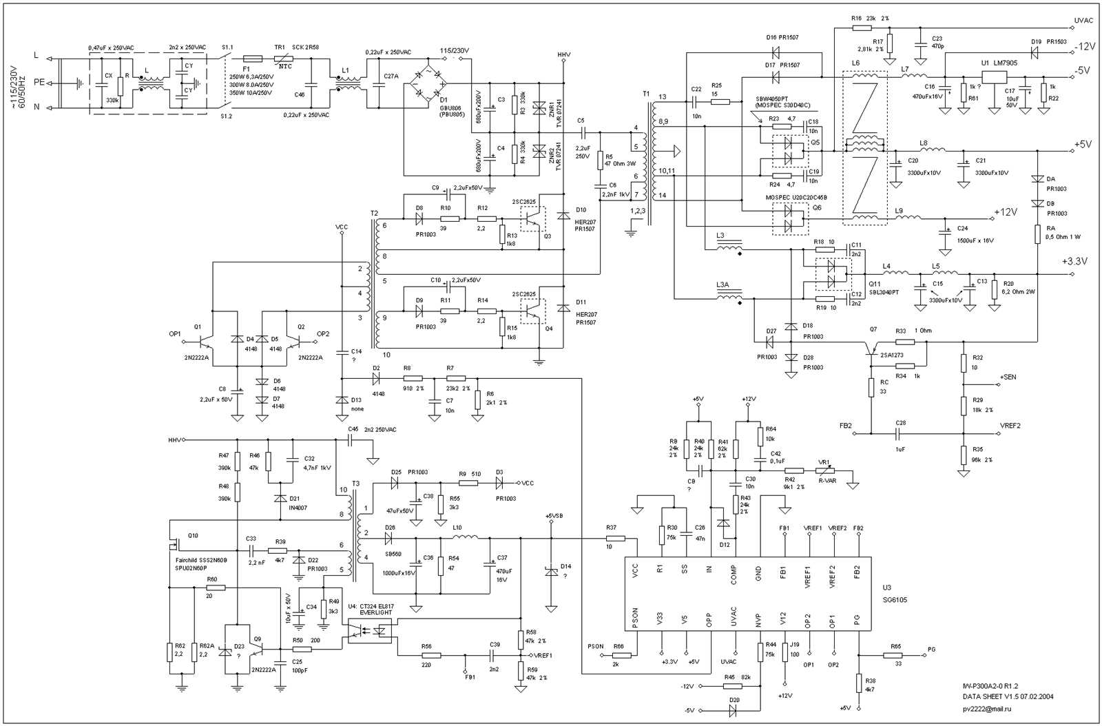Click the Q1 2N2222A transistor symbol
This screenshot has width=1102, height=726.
point(205,340)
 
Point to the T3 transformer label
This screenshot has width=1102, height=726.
point(355,484)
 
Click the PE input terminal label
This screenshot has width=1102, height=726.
point(39,82)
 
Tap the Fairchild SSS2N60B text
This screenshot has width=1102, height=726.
point(201,561)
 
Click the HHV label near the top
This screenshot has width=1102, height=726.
point(563,54)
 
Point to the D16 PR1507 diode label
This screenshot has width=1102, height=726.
point(782,37)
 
